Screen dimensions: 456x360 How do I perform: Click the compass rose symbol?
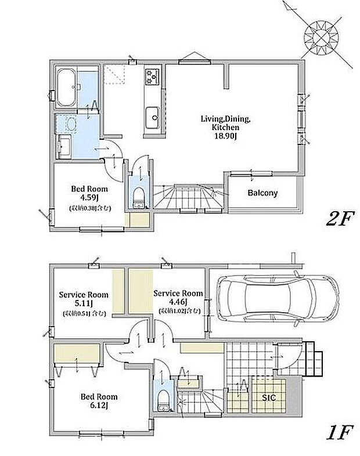click(319, 39)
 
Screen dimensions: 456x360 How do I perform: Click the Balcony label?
click(262, 193)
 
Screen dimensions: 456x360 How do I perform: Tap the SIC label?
click(268, 397)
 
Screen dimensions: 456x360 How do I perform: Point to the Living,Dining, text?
click(225, 119)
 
